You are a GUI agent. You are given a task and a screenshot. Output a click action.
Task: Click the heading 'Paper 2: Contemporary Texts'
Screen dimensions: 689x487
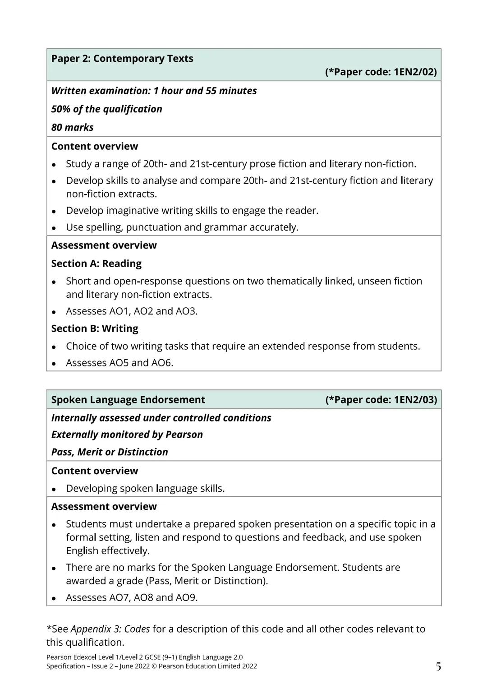coord(122,59)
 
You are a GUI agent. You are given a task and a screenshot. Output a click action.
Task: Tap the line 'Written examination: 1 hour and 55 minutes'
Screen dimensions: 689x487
coord(154,91)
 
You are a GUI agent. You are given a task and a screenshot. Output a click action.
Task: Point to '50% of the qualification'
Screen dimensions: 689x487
coord(106,109)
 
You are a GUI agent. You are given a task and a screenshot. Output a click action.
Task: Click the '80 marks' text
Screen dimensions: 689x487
coord(72,128)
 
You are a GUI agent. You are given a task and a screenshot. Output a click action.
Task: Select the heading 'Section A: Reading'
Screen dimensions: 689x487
coord(96,264)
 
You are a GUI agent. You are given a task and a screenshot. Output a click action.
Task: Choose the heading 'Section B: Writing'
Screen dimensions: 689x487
coord(95,328)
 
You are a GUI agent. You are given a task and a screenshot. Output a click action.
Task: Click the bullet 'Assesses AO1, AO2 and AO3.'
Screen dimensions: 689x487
coord(132,311)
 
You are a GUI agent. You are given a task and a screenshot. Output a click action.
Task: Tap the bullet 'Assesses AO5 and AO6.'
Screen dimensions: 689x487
coord(119,363)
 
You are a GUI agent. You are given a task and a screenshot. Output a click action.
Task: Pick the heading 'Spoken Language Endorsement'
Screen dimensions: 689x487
coord(128,400)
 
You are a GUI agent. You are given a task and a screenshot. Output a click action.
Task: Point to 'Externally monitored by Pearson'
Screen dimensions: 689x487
coord(127,435)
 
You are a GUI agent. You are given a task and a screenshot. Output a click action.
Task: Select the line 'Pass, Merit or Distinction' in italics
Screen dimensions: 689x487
coord(110,452)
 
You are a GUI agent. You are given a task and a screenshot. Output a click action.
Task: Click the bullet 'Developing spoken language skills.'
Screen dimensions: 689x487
coord(145,489)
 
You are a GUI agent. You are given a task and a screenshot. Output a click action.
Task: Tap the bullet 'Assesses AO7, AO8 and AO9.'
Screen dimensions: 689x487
coord(132,598)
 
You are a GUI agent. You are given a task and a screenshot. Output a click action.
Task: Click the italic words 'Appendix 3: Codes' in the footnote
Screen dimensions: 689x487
coord(110,629)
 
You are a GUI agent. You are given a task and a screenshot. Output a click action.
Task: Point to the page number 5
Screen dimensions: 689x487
coord(438,666)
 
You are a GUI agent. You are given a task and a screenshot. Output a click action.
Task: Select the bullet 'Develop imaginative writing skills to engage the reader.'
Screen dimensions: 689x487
coord(192,211)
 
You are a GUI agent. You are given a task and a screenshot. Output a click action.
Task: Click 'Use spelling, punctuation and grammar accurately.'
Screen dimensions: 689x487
coord(182,227)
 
